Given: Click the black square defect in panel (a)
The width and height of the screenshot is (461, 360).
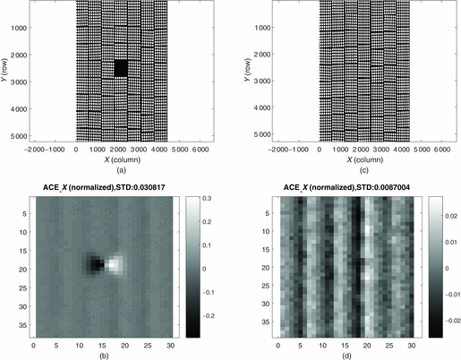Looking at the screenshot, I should pyautogui.click(x=121, y=68).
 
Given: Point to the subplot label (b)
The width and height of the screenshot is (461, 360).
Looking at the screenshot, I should pyautogui.click(x=120, y=356).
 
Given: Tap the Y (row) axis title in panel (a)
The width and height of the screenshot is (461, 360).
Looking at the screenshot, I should pyautogui.click(x=6, y=72).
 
